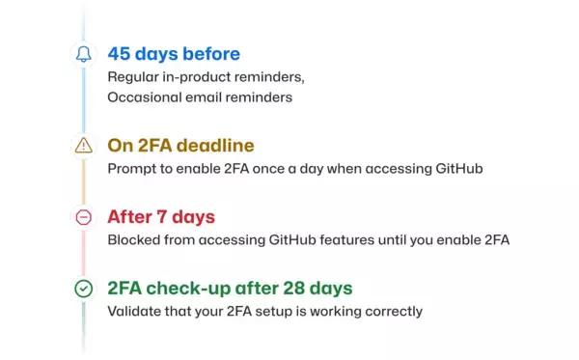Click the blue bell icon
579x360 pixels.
pos(84,54)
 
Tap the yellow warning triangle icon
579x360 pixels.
pos(84,146)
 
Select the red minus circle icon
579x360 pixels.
pos(84,217)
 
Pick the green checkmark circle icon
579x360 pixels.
pos(84,288)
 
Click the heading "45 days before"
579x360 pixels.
pos(174,53)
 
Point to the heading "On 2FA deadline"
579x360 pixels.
pos(180,145)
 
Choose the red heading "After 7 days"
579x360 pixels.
pos(161,216)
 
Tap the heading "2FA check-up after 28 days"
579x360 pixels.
pos(230,288)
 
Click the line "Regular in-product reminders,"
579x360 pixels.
pos(211,76)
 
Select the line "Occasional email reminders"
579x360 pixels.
pos(200,97)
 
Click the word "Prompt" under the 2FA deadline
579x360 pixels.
pos(130,169)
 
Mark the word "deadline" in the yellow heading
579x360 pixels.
pos(219,145)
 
